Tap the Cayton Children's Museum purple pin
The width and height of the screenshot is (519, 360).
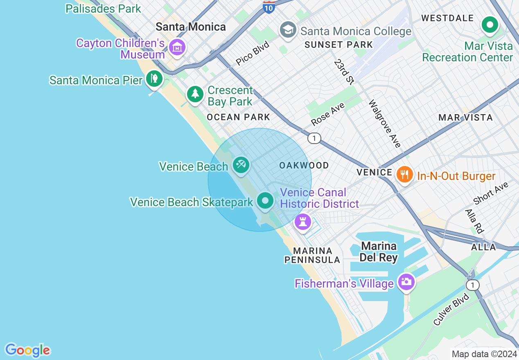coord(177,47)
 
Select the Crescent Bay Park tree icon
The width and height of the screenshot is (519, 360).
coord(195,94)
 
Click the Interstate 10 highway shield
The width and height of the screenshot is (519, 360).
coord(269,7)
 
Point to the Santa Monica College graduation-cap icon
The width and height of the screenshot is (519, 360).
coord(288,30)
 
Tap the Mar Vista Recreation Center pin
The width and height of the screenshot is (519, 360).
coord(489,25)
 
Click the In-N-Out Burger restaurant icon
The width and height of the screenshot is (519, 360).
coord(404,175)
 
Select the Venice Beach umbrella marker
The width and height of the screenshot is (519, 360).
coord(241,165)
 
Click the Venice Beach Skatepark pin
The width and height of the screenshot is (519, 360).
coord(265,200)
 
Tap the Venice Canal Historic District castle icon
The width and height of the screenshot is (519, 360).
coord(303,222)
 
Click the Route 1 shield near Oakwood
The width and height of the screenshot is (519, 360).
coord(314,138)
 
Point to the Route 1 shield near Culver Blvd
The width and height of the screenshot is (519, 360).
coord(473,285)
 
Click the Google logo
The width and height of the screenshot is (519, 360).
coord(27,350)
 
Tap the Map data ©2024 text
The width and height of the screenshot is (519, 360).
coord(484,353)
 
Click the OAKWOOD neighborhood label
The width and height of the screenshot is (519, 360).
coord(304,165)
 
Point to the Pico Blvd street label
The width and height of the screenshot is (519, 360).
coord(253,54)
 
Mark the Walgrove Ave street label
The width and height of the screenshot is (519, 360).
coord(384,124)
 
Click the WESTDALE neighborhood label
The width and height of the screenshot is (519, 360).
coord(447,18)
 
